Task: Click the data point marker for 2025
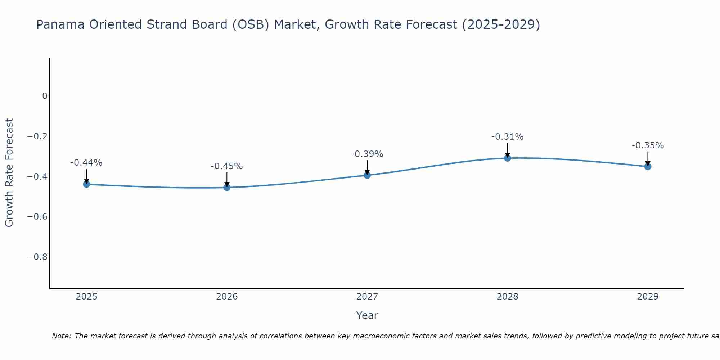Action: (86, 184)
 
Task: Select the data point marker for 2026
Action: (227, 187)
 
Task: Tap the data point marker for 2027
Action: (367, 175)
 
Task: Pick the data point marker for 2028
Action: (507, 158)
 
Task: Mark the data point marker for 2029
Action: (648, 166)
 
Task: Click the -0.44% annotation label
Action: (86, 163)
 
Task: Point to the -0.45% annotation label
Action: (227, 166)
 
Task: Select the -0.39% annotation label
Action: (367, 154)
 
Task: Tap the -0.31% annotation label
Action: (507, 137)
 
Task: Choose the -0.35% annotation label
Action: (648, 145)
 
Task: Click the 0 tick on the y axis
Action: (45, 96)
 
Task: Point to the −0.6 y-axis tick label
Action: (37, 217)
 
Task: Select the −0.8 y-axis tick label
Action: (37, 257)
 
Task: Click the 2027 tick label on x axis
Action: (367, 297)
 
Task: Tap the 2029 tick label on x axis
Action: (648, 297)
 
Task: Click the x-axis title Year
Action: (367, 315)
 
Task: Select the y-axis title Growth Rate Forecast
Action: (9, 173)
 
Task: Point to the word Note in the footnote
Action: (62, 336)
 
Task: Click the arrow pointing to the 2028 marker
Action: (507, 150)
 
